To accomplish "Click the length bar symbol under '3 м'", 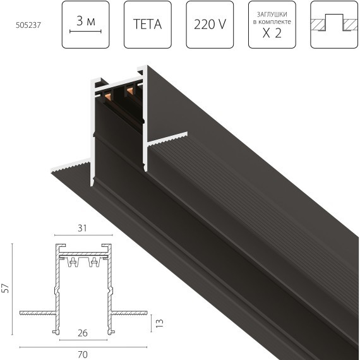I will tap(86, 32).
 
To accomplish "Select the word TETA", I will tap(148, 26).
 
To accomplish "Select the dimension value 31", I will tap(80, 228).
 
